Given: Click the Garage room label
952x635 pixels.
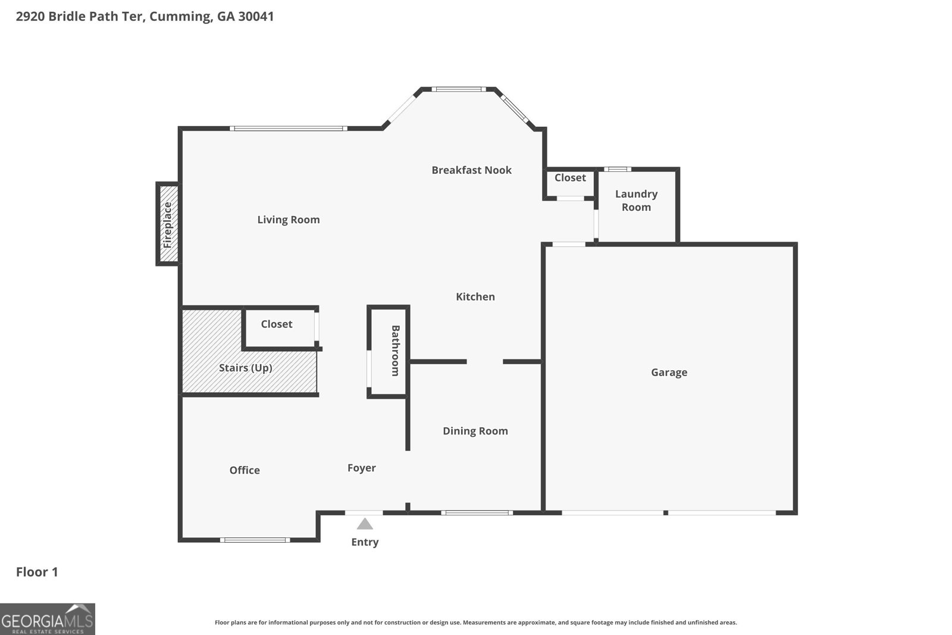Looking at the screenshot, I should (x=669, y=373).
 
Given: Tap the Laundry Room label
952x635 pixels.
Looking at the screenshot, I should (x=636, y=201).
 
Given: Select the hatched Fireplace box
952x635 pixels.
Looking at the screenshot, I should (x=168, y=224).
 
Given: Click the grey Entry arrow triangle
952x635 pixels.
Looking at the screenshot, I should (x=365, y=524).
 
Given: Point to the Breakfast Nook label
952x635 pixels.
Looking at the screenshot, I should (x=471, y=170).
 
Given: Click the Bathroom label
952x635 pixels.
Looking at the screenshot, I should (x=395, y=351).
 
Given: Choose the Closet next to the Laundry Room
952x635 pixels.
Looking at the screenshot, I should (x=570, y=178).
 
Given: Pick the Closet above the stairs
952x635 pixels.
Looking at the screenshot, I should (x=277, y=324).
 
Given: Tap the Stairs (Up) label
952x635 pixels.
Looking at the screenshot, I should (x=245, y=368).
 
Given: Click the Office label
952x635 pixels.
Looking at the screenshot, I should (x=245, y=470).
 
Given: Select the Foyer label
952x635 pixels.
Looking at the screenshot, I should (x=362, y=468).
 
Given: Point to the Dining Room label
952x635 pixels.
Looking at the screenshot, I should (x=475, y=431).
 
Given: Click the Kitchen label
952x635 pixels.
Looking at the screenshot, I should (x=475, y=297).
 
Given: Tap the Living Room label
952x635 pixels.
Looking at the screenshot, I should (x=289, y=220).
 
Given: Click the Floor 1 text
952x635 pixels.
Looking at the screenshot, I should (x=37, y=572).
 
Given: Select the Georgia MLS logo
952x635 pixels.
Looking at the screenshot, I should (x=48, y=619).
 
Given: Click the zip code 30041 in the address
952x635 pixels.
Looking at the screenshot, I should (x=256, y=16).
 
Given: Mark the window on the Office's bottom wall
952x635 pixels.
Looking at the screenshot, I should (x=255, y=540).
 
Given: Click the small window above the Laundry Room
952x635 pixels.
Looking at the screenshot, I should (x=618, y=169).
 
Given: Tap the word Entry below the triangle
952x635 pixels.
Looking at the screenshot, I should (x=365, y=542).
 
